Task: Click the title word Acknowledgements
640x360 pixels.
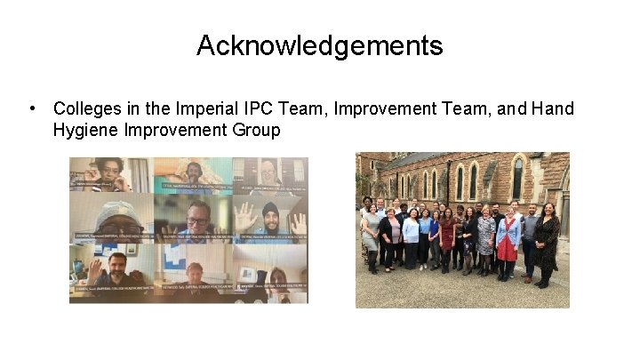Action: [319, 45]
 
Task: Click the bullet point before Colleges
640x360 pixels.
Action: [32, 109]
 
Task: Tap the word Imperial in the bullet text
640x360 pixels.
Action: [209, 109]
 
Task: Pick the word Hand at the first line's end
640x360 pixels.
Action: [554, 109]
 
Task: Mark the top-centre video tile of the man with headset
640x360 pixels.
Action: [192, 173]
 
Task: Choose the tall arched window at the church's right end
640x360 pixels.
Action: [517, 177]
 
